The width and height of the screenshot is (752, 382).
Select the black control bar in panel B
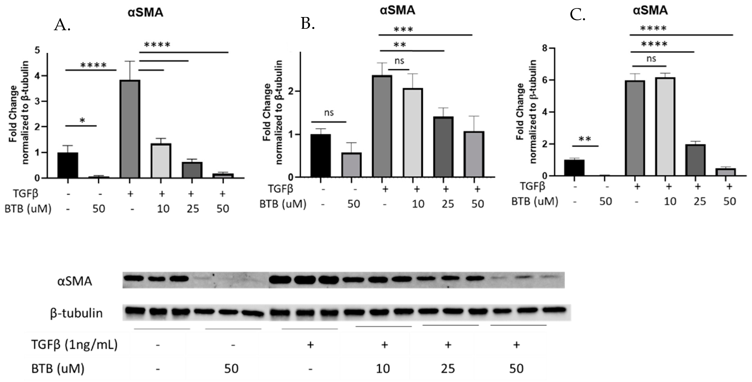coord(321,156)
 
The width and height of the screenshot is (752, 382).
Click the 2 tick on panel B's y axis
coord(290,91)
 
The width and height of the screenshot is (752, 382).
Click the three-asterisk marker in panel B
coord(403,29)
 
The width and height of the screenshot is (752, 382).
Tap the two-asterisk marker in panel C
coord(585,139)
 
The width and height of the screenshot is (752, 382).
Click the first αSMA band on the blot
coord(133,278)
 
